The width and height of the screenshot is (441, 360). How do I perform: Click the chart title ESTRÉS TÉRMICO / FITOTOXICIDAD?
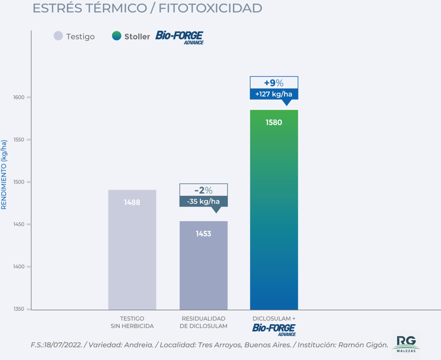click(147, 9)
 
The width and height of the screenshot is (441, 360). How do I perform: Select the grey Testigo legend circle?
click(58, 36)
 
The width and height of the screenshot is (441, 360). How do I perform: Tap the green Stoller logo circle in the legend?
click(116, 36)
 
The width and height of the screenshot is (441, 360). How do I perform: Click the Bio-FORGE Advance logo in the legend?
click(179, 37)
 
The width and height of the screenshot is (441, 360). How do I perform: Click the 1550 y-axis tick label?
click(18, 140)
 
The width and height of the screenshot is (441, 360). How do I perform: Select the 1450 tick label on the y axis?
click(18, 225)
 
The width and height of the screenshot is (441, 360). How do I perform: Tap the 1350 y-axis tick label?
click(18, 309)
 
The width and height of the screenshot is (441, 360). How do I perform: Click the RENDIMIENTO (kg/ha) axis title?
click(4, 175)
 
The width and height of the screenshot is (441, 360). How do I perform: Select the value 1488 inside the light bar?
click(132, 202)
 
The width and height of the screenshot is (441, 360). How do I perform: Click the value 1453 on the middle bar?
click(203, 234)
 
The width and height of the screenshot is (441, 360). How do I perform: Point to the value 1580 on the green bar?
click(273, 122)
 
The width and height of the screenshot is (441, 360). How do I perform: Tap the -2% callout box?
click(203, 190)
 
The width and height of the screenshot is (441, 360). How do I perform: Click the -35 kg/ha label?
click(203, 201)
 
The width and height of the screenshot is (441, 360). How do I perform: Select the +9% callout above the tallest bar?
click(273, 83)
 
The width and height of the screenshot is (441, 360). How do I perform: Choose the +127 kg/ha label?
click(273, 94)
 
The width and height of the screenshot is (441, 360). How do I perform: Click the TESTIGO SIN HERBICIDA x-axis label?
click(132, 322)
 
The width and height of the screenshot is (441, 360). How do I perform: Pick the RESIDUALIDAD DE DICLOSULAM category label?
click(203, 322)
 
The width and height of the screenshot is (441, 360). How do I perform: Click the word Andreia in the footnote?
click(139, 345)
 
